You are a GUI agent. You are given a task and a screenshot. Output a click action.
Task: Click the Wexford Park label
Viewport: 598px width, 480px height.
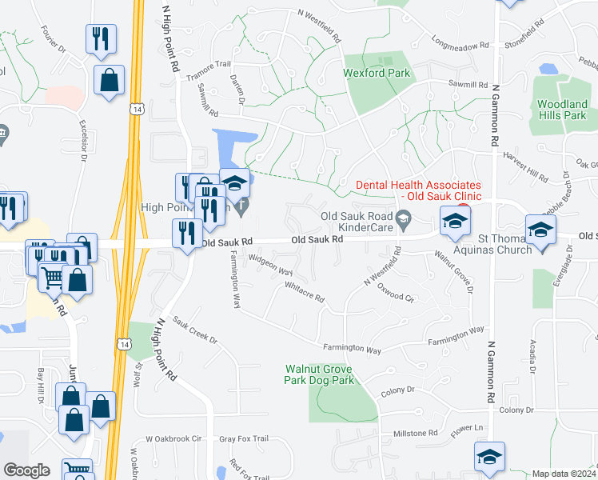pyautogui.click(x=377, y=73)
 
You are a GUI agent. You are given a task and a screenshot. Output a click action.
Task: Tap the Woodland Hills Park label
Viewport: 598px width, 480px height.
pyautogui.click(x=562, y=110)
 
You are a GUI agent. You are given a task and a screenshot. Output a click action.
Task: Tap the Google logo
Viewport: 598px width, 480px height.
pyautogui.click(x=26, y=470)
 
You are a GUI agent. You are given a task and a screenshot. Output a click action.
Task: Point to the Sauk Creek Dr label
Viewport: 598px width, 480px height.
pyautogui.click(x=193, y=333)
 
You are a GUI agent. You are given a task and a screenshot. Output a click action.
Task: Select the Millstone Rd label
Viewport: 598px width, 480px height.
pyautogui.click(x=416, y=433)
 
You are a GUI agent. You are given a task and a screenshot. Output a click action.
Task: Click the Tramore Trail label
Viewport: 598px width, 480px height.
pyautogui.click(x=209, y=70)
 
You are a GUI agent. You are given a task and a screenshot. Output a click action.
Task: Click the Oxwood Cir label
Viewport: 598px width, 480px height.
pyautogui.click(x=396, y=297)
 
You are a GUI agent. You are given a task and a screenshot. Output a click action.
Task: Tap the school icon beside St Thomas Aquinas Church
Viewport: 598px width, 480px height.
pyautogui.click(x=540, y=231)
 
